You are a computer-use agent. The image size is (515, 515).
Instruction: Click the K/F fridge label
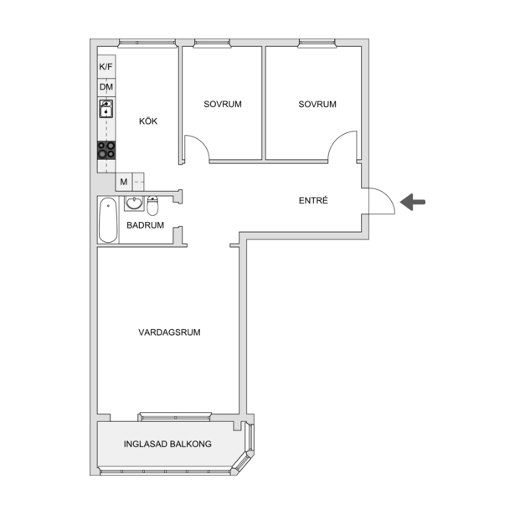coord(106,67)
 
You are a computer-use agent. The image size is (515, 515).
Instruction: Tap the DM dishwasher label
coord(106,87)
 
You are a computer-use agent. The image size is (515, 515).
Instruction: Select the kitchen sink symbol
coord(106,109)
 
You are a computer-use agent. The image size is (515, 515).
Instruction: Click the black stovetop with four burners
coord(106,150)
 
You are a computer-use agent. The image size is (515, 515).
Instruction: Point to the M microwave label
coord(123,182)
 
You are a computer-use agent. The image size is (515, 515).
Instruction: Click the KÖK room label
coord(148,121)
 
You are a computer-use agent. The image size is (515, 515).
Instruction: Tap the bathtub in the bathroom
coord(108,219)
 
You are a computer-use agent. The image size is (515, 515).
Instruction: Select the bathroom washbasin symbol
coord(134,203)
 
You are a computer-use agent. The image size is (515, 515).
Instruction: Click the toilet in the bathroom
coord(152,206)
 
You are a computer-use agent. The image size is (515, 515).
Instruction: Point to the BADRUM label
coord(145,225)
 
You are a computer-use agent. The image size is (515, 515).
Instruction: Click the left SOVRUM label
coord(223,104)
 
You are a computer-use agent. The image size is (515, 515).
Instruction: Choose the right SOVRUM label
coord(317,104)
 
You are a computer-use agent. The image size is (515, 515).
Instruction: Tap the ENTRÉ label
coord(313,200)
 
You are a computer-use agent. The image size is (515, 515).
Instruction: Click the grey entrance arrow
coord(413,202)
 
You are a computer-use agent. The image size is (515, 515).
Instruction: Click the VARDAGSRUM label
coord(169,332)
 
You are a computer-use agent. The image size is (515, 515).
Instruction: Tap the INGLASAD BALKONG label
coord(167,444)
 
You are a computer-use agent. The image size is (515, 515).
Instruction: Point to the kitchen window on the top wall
coord(147,43)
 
